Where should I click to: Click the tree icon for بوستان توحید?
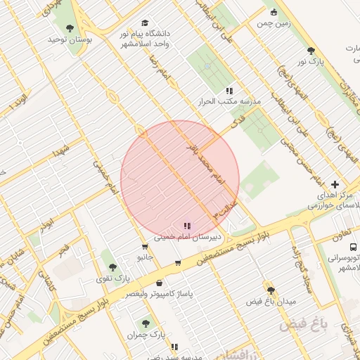pos(69,28)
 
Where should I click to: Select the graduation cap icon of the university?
pos(146,22)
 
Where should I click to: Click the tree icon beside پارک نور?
pos(311,51)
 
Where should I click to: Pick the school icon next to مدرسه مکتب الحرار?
pos(229,91)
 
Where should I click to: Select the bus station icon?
pos(352,247)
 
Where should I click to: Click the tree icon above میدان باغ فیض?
pos(271,290)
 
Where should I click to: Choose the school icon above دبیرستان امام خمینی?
pos(186,226)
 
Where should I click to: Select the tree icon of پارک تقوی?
pos(112,267)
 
